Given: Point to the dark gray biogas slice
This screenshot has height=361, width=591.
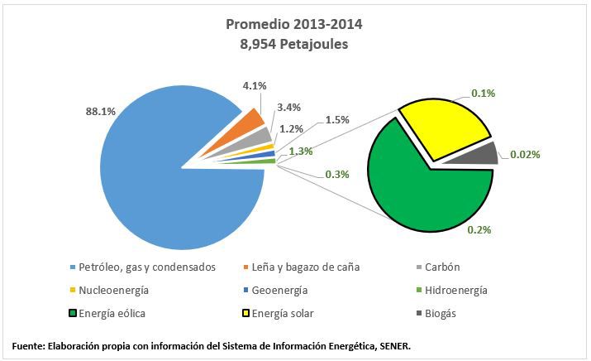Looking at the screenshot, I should coord(484,154).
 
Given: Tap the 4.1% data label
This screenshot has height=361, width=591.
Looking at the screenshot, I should coord(254,85).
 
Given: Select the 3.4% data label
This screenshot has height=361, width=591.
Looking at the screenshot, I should coord(289,107).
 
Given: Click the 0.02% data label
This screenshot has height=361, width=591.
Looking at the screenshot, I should coord(526,154).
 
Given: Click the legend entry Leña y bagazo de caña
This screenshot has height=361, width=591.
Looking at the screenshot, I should coord(313,267).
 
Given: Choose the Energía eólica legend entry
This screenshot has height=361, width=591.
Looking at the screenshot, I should coord(117,313).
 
